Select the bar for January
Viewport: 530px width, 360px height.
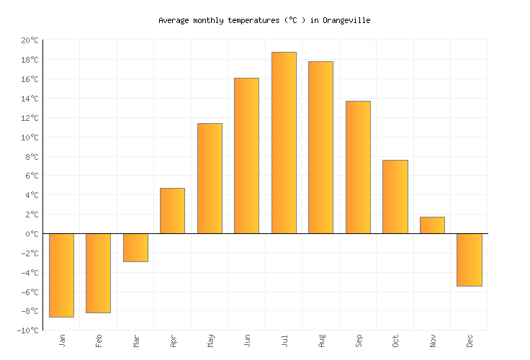[x=61, y=275]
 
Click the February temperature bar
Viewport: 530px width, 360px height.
[x=98, y=273]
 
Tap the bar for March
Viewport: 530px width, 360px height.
[x=135, y=248]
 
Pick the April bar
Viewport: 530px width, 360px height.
[x=172, y=211]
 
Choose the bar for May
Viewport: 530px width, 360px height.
[x=210, y=179]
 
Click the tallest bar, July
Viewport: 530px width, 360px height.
[x=284, y=143]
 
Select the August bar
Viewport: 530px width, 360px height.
[x=320, y=148]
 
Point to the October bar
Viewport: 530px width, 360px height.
[x=395, y=197]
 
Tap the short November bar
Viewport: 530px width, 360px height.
[x=432, y=225]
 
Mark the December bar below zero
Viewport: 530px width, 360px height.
[x=469, y=260]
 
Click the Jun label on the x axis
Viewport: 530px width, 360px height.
[x=247, y=341]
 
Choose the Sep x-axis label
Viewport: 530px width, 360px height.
[x=359, y=341]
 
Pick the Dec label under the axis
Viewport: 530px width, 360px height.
[x=470, y=341]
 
